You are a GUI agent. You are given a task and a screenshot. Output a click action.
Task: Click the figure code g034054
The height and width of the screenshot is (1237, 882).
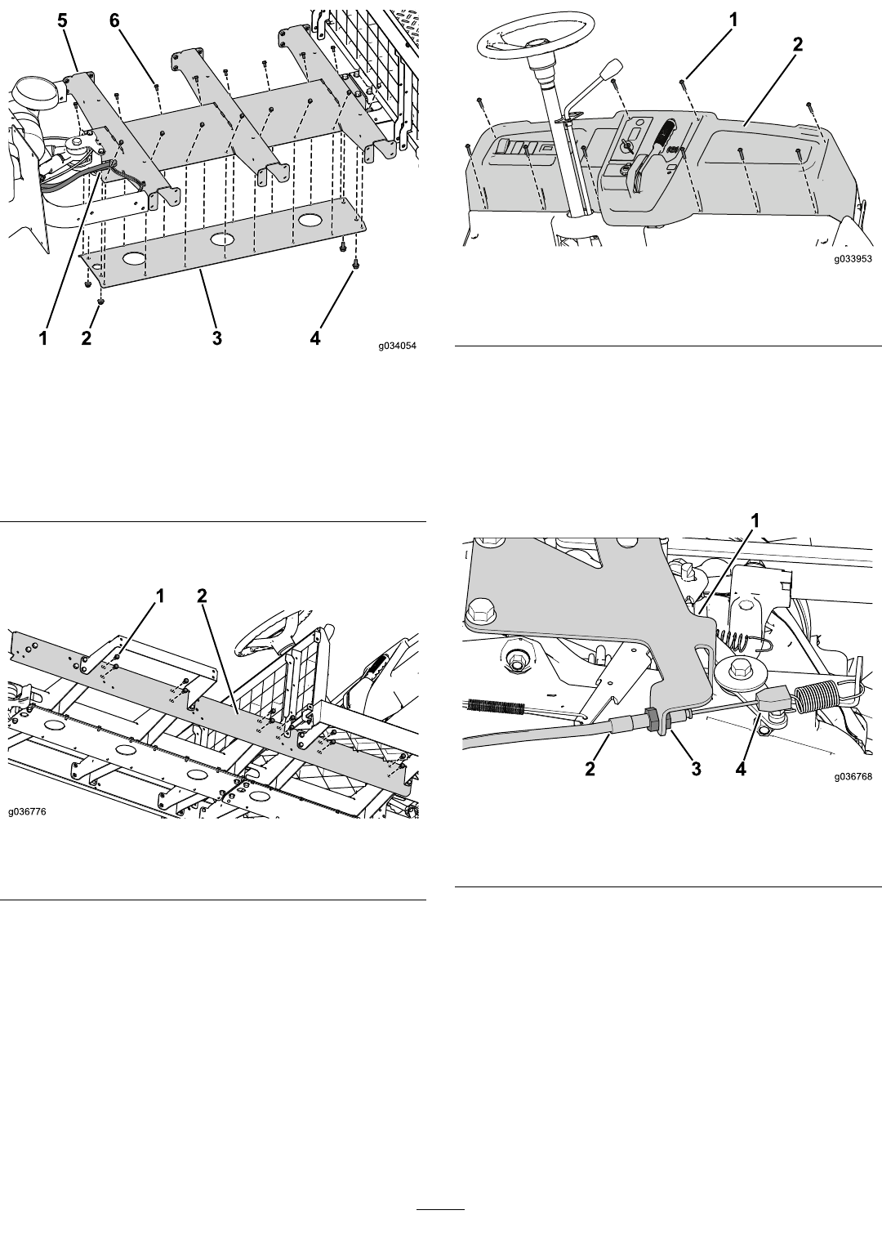pos(397,346)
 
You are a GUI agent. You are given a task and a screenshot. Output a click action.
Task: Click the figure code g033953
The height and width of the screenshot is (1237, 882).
pos(853,258)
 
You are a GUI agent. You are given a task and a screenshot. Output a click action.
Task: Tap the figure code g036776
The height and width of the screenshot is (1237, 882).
pos(27,811)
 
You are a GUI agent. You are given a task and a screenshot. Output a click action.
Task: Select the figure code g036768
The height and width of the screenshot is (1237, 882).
pos(853,776)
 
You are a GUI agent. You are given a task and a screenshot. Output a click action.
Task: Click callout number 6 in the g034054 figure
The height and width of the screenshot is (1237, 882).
pos(114,21)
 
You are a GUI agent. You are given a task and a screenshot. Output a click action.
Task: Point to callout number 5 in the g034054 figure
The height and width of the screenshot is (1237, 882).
pos(62,21)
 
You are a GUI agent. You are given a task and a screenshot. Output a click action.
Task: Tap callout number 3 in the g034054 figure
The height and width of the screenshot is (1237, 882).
pos(217,338)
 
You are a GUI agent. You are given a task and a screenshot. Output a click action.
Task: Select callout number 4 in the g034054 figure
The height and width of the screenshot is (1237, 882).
pos(314,338)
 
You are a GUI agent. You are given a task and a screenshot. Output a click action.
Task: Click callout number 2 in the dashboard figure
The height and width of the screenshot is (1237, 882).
pos(798,45)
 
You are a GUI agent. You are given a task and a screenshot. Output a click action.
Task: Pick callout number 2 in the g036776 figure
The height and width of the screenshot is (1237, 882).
pos(202,596)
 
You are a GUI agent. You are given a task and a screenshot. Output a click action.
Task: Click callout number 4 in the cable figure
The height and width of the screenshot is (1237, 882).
pos(741,768)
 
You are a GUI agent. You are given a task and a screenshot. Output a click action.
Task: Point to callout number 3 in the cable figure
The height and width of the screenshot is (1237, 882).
pos(696,768)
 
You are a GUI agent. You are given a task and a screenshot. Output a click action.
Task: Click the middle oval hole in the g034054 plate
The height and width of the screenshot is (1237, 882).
pos(222,239)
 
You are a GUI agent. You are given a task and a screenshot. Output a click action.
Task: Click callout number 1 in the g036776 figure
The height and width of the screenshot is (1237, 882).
pos(160,596)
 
